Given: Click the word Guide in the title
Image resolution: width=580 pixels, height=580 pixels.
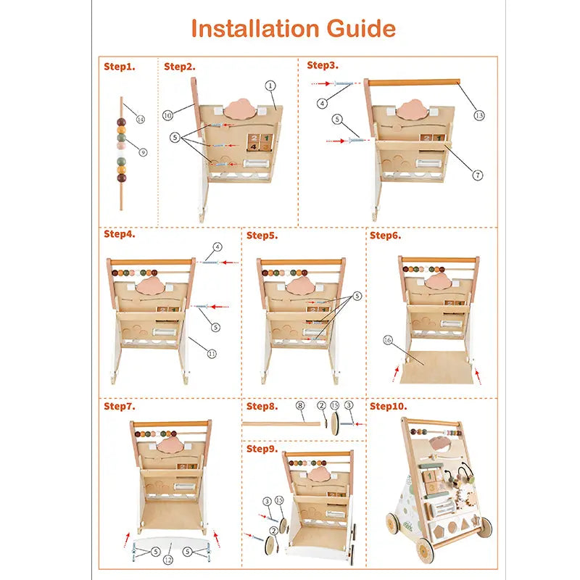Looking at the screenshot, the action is [x=360, y=28].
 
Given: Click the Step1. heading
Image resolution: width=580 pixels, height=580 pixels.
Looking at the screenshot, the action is [x=120, y=67].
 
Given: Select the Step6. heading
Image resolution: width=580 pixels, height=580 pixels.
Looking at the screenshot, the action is [x=385, y=235].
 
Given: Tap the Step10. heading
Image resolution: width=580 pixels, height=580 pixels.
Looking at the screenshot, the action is [x=388, y=406].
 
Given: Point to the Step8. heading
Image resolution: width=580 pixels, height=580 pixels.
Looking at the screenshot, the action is [x=262, y=406].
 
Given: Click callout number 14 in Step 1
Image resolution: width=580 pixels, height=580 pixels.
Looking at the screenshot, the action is [x=140, y=119].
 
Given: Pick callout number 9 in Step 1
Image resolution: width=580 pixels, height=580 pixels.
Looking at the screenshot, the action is [x=143, y=152].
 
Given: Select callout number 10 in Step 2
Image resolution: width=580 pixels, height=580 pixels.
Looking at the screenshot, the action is [x=167, y=115].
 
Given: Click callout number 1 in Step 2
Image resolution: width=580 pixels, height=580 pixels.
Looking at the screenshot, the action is [x=270, y=86].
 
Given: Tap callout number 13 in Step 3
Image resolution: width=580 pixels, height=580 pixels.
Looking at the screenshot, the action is [x=479, y=115].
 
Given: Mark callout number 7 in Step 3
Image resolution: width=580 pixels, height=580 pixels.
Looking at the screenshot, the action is [x=478, y=175].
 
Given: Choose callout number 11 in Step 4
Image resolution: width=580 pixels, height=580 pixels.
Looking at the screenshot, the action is [x=212, y=354].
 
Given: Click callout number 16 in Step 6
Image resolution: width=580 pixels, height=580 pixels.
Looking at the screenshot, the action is [x=388, y=340].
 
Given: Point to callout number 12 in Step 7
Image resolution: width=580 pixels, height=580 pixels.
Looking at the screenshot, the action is [x=168, y=560].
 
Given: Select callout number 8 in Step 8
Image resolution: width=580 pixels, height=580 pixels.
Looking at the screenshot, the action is [x=300, y=405].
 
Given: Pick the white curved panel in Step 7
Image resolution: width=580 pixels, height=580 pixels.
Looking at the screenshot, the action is [x=170, y=544].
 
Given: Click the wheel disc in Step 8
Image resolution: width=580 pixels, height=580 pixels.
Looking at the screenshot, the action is [x=335, y=423].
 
